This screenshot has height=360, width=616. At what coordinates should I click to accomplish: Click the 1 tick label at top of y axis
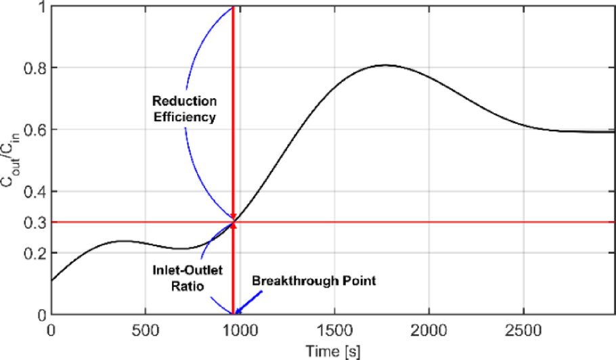[41, 6]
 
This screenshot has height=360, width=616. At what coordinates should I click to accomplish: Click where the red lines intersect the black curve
[233, 222]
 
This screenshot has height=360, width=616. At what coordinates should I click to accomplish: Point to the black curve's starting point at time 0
[51, 280]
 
